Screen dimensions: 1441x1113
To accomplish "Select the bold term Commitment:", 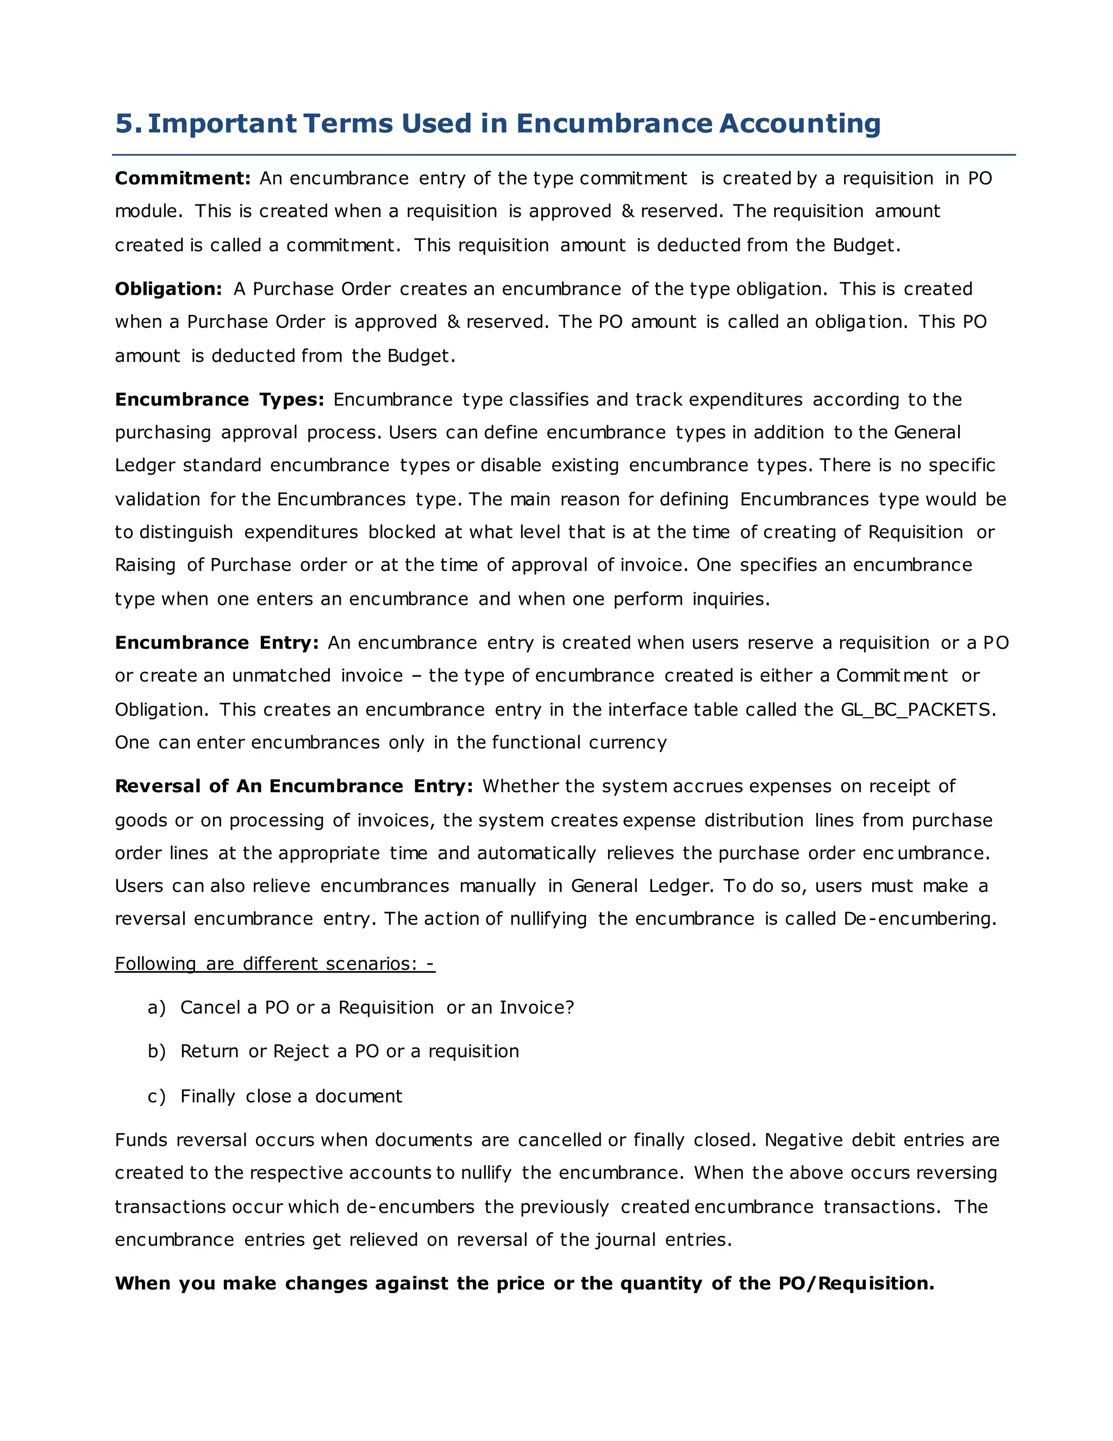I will (183, 178).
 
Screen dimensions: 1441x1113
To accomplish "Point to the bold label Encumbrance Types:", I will (219, 400).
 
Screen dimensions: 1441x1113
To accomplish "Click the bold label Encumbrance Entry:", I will (216, 643).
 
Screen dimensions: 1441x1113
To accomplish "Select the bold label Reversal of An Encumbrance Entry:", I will (293, 786).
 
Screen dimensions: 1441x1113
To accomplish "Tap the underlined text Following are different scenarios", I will (274, 964).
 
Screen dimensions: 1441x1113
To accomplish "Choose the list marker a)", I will (157, 1008).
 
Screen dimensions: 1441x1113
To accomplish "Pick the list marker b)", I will (157, 1052).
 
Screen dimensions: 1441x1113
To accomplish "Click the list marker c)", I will (157, 1097).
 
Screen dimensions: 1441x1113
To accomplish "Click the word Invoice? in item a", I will (536, 1008).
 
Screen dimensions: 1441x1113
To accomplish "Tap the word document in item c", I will (358, 1097).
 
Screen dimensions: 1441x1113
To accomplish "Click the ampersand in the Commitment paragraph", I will (628, 211).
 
